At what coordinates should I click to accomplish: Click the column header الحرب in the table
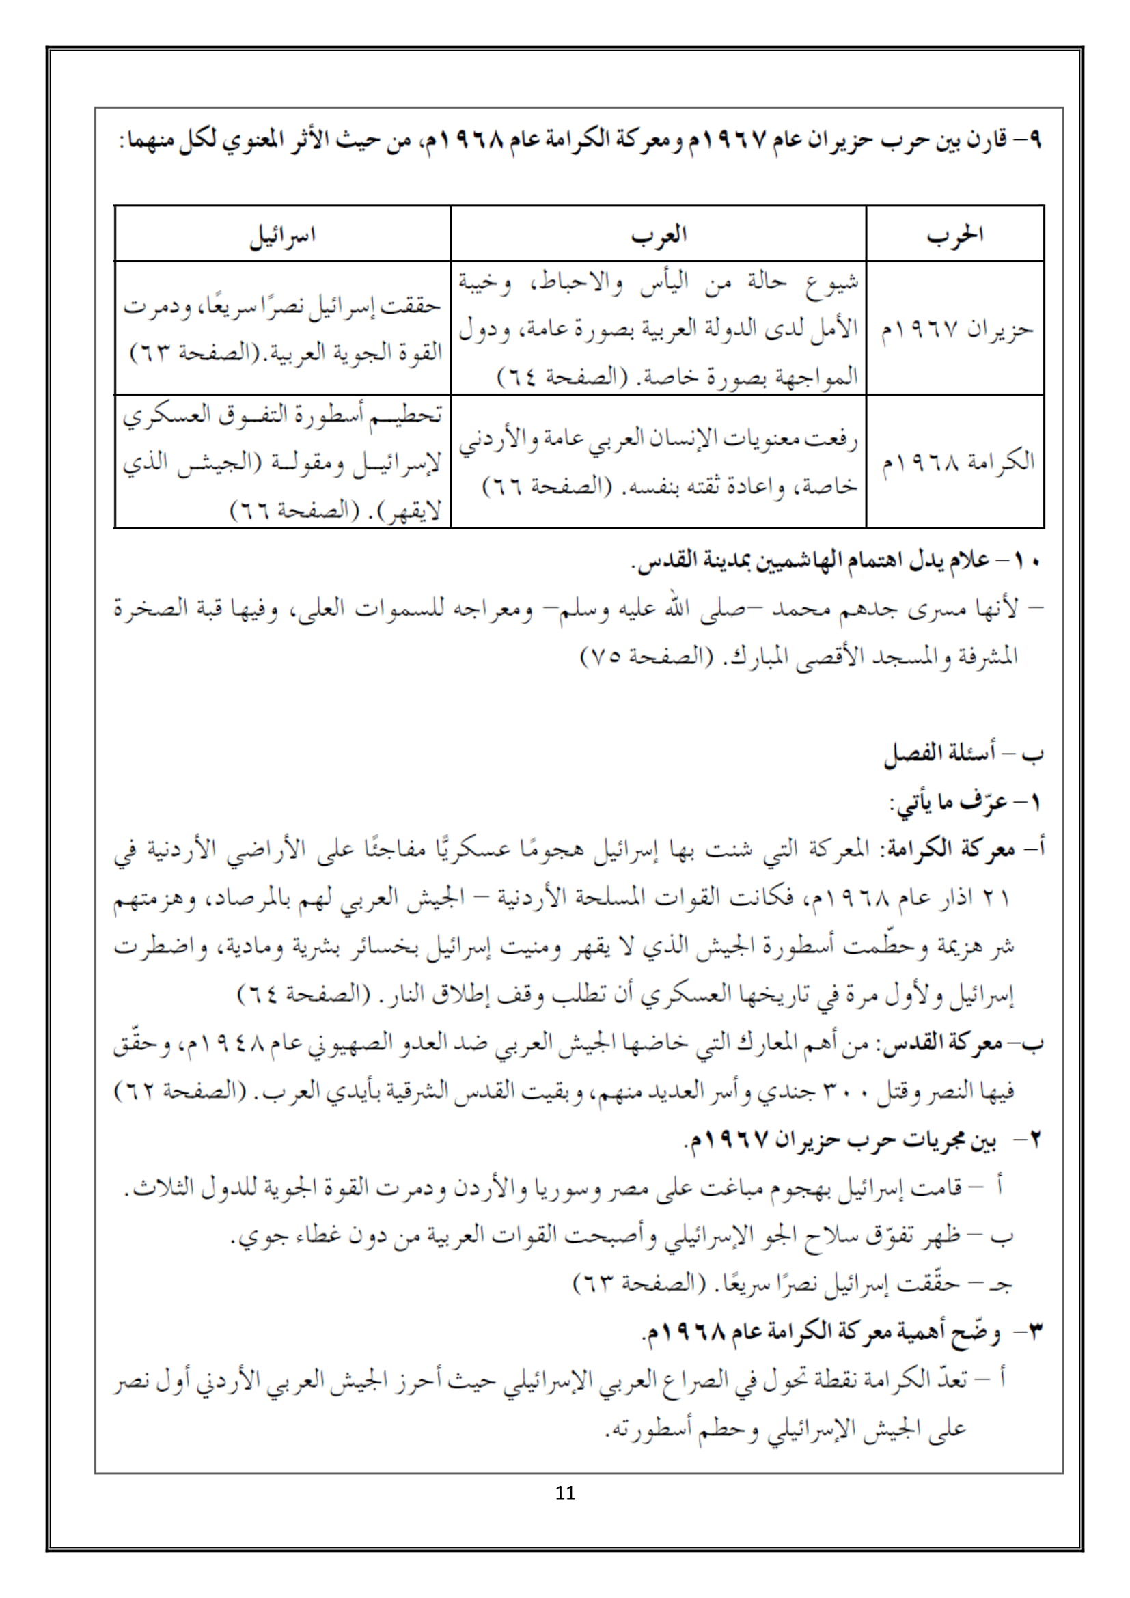[954, 235]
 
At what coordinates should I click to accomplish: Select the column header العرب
[658, 235]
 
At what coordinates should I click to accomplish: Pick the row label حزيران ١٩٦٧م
[957, 329]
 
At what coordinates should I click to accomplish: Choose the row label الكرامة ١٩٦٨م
[958, 462]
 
